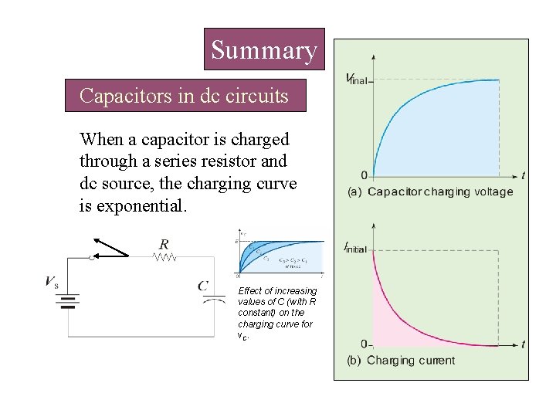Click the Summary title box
tap(264, 51)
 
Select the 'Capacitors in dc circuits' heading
tap(185, 97)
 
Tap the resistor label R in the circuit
tap(164, 245)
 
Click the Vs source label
tap(52, 282)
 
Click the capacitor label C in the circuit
tap(203, 286)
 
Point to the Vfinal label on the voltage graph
tap(357, 79)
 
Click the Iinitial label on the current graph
tap(355, 248)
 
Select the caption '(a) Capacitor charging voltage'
tap(429, 192)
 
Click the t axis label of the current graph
tap(524, 344)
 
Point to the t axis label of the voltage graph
tap(524, 175)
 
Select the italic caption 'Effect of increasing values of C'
tap(277, 312)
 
